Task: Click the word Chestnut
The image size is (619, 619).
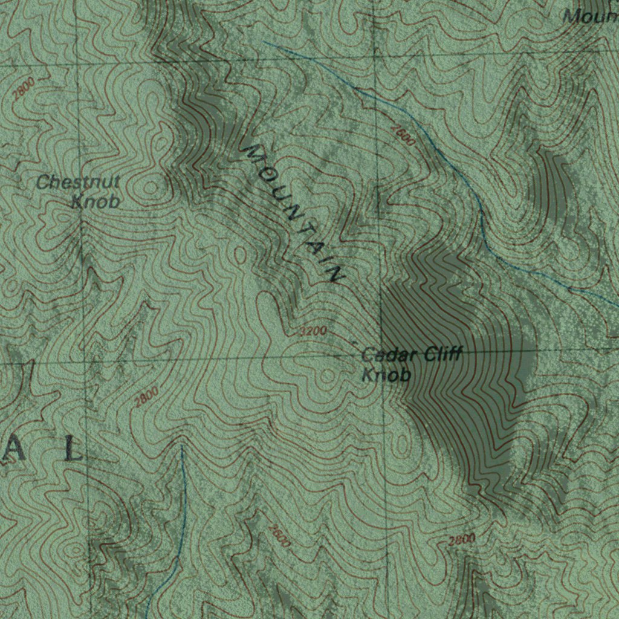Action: pyautogui.click(x=79, y=182)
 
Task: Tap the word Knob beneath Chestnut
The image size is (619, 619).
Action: pyautogui.click(x=96, y=201)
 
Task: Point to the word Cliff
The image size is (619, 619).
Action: pyautogui.click(x=442, y=354)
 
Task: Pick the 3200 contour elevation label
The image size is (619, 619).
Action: pyautogui.click(x=314, y=331)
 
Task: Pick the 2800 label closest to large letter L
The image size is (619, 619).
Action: pyautogui.click(x=146, y=397)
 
